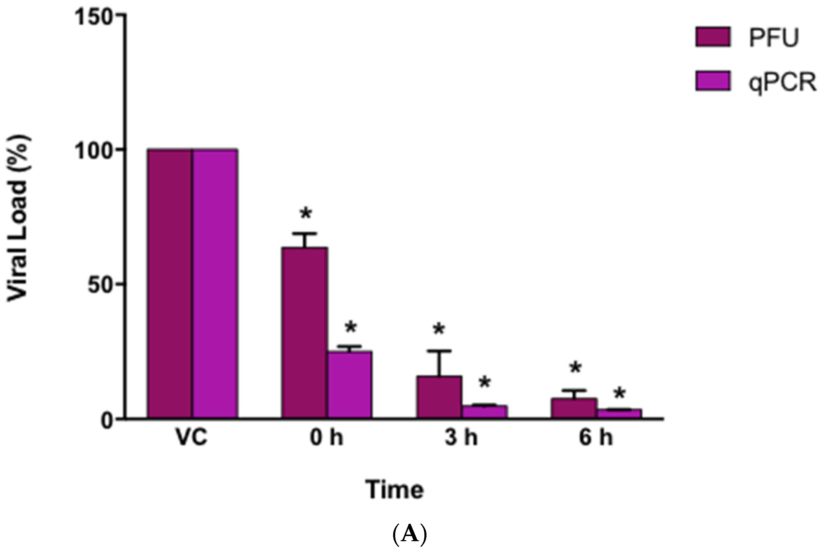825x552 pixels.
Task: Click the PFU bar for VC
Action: pos(170,284)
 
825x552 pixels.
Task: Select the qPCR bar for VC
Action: pos(215,284)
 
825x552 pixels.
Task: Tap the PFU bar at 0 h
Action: pos(304,333)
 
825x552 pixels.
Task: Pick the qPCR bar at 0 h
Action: pos(350,384)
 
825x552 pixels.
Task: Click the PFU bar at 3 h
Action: pos(439,397)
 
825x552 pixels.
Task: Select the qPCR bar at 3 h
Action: pos(484,412)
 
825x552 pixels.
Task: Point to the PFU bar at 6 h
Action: pos(574,408)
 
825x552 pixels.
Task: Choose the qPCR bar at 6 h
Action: pos(619,414)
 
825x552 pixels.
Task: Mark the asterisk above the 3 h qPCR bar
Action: pos(485,382)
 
